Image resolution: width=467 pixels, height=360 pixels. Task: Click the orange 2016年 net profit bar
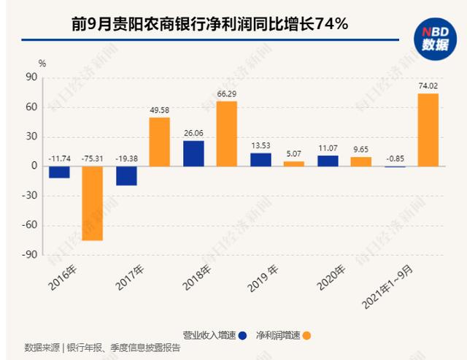[92, 203]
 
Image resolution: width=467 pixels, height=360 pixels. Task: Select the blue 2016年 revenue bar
[59, 172]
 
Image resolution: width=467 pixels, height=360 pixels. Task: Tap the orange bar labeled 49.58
[160, 142]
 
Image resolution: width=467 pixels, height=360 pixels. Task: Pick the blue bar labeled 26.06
[193, 153]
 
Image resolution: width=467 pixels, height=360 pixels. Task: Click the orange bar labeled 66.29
[227, 134]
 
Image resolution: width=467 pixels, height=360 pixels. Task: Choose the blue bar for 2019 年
[260, 160]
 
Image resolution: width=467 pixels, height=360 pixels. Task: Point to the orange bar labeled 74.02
[428, 130]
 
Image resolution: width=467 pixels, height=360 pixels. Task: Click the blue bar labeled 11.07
[328, 161]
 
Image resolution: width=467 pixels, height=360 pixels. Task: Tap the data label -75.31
[92, 156]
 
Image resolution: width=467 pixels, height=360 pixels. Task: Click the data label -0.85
[395, 156]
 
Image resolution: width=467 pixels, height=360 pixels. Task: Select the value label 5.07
[294, 153]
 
